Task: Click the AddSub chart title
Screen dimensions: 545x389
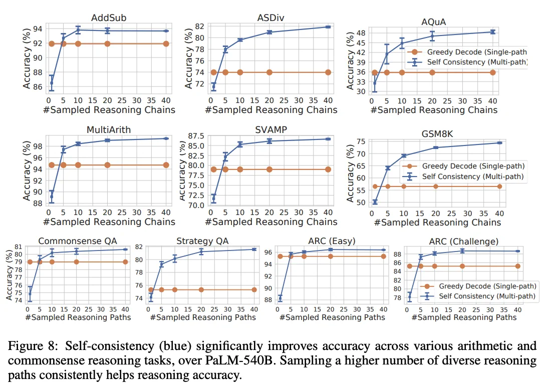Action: coord(108,17)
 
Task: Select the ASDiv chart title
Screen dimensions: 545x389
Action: coord(271,17)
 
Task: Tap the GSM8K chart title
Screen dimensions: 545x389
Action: coord(437,134)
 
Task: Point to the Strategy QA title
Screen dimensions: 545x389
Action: coord(203,241)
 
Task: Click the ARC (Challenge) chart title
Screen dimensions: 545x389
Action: coord(464,241)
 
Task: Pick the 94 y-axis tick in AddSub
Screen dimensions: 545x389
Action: coord(38,29)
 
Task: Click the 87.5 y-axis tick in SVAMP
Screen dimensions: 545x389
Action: coord(196,135)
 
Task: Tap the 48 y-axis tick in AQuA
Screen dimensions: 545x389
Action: coord(361,33)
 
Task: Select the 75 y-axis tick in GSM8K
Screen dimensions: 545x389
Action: coord(361,141)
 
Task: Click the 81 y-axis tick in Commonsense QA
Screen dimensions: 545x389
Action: coord(18,246)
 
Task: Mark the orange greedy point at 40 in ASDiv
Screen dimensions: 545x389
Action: coord(328,72)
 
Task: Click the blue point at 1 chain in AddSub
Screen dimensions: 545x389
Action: coord(52,83)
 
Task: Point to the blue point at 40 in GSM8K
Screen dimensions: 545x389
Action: coord(499,142)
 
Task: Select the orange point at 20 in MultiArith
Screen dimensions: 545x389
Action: coord(107,165)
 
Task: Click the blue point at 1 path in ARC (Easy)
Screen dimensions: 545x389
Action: coord(280,298)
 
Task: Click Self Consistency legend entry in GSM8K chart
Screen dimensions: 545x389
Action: coord(463,176)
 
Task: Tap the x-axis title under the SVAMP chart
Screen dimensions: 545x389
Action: coord(271,221)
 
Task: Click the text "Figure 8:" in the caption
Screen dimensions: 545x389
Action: coord(31,346)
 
